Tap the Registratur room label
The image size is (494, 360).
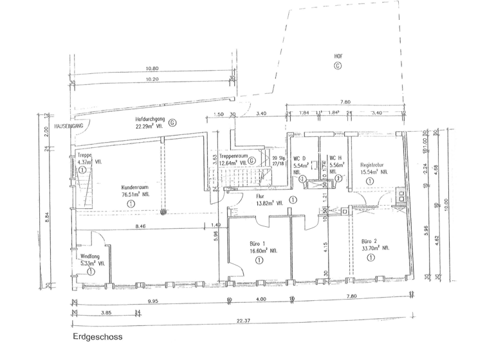(x=372, y=165)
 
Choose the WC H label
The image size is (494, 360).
(x=335, y=157)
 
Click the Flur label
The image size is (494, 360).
(x=260, y=195)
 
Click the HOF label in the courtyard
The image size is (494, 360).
(x=338, y=56)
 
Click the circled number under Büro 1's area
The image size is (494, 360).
(x=258, y=260)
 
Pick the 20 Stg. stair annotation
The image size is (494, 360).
(x=278, y=157)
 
